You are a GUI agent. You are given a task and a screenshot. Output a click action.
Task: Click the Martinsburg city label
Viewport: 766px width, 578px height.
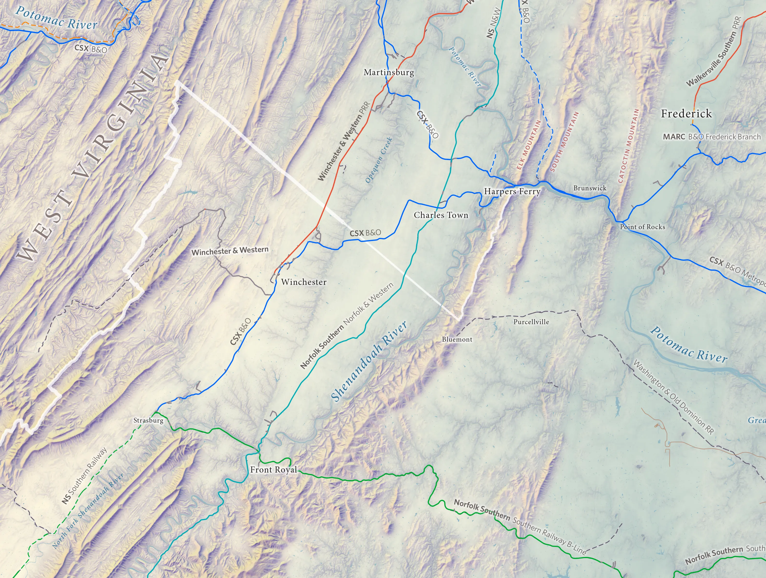(389, 72)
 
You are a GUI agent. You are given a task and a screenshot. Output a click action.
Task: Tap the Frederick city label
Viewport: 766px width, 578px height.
(686, 114)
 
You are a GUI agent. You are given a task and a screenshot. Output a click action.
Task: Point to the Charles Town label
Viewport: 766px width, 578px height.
(441, 215)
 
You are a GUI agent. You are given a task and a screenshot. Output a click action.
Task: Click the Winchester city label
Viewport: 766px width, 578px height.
(304, 282)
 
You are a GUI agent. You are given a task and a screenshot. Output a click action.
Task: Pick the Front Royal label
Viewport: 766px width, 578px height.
(274, 470)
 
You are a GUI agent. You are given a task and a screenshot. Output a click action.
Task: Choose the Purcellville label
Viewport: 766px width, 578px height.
(531, 322)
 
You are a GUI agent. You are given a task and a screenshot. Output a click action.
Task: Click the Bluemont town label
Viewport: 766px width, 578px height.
(457, 339)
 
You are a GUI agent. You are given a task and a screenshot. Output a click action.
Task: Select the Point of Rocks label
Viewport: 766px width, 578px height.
(642, 227)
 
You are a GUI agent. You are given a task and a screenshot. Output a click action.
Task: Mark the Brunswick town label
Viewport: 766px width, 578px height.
(590, 188)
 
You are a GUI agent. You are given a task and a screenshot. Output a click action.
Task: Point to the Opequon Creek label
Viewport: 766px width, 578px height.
(379, 160)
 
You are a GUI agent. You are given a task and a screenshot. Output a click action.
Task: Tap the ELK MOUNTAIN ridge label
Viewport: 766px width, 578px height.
(528, 145)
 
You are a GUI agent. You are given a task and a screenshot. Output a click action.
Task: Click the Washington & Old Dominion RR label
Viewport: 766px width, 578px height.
(674, 397)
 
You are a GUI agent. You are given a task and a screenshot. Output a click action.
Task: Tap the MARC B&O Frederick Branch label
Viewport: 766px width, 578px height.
(712, 137)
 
